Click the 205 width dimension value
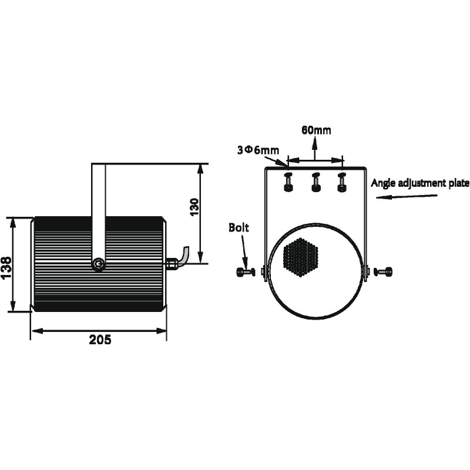[100, 340]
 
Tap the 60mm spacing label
[316, 130]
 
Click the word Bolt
[239, 227]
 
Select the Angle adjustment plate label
[420, 183]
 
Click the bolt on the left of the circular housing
[246, 272]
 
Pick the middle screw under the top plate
[316, 182]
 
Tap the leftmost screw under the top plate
[288, 182]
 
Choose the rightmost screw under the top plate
[342, 182]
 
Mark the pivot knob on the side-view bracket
[98, 264]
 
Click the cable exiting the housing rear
[185, 256]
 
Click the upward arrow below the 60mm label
[314, 147]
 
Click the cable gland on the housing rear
[172, 264]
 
